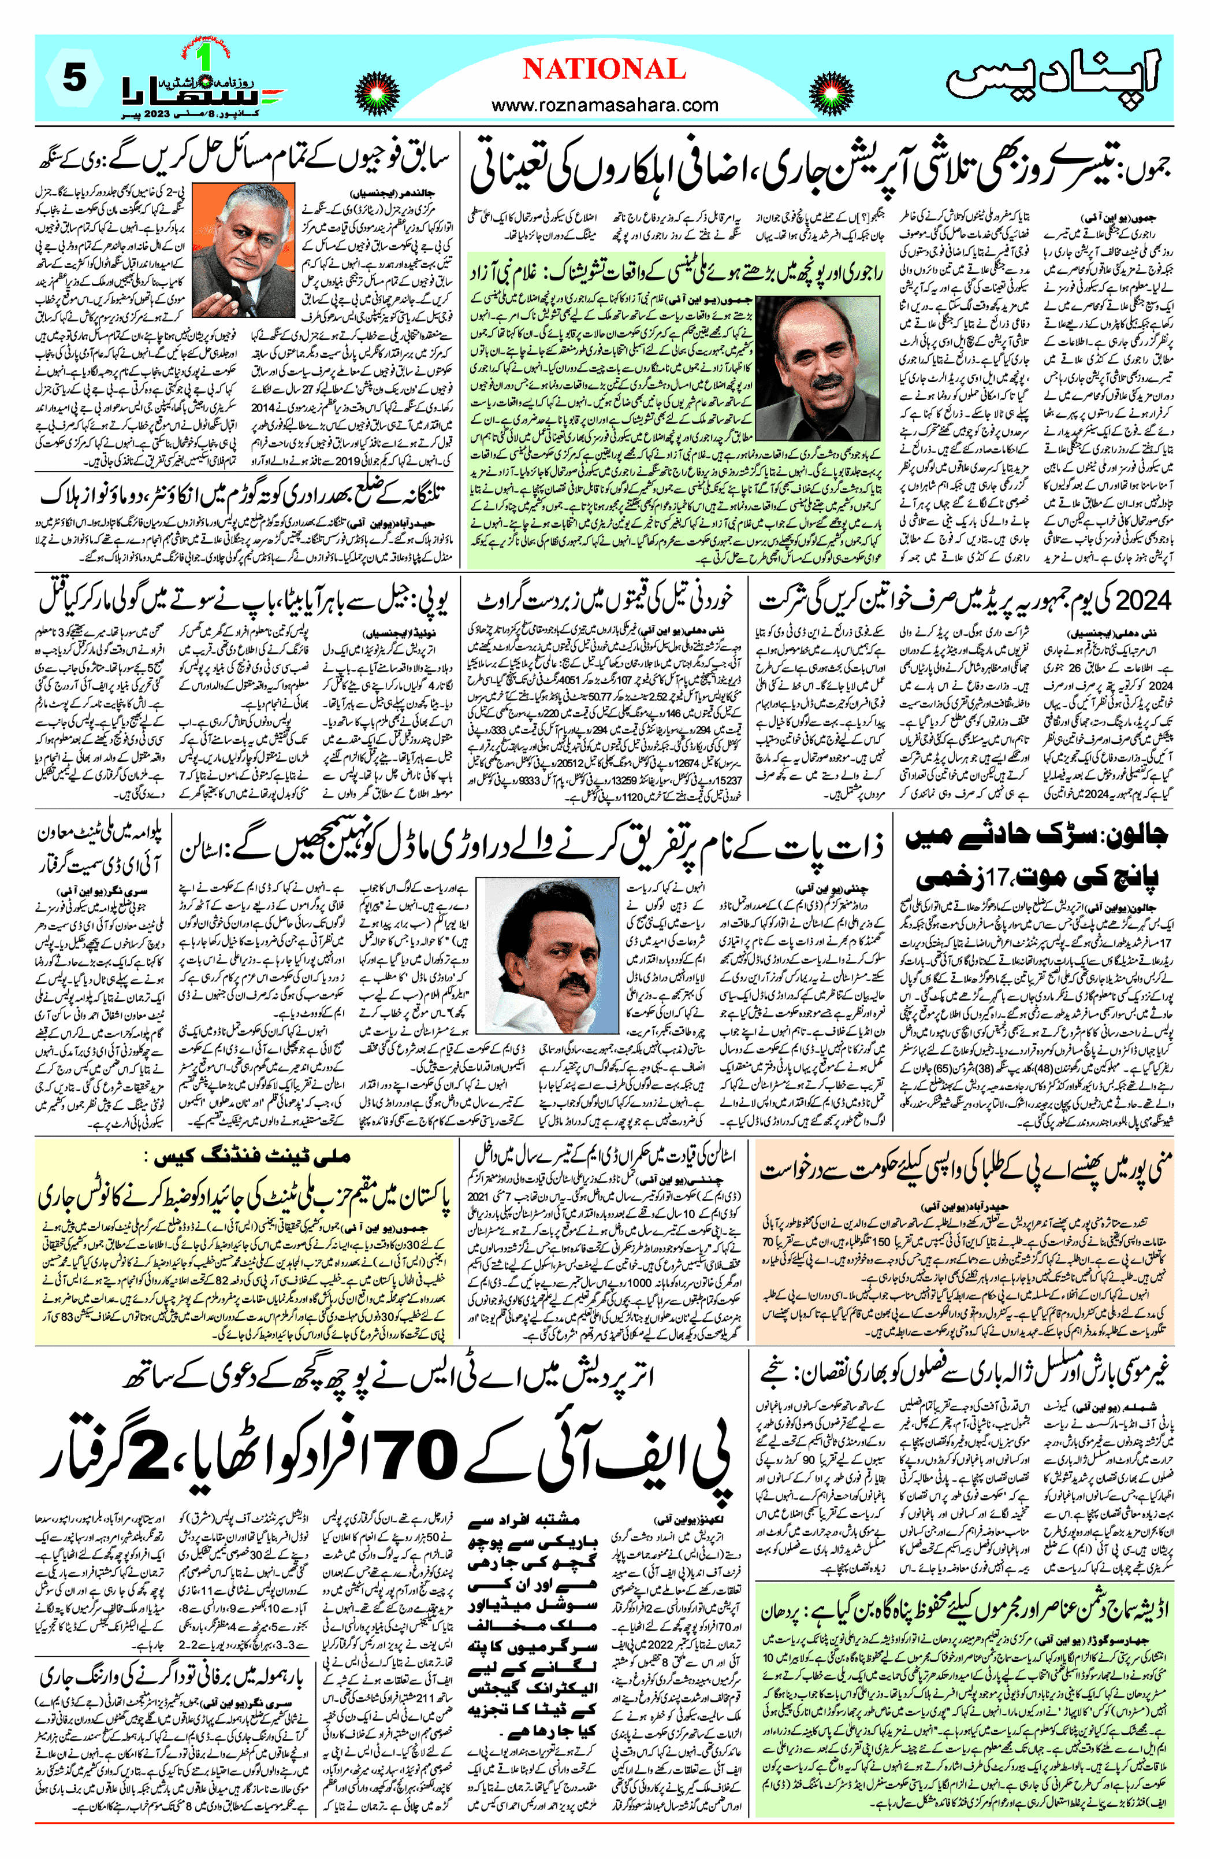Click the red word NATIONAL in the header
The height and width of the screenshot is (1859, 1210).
(x=604, y=69)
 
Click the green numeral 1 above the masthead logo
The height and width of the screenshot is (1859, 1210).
(x=205, y=58)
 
